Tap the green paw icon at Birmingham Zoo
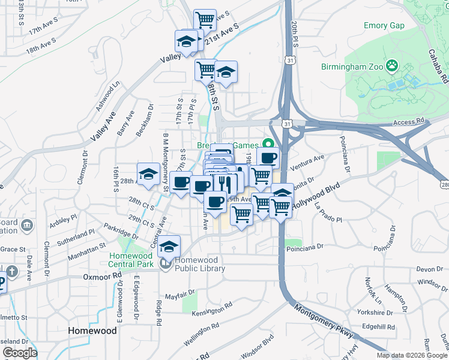point(392,64)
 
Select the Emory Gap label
point(384,25)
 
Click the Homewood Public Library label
point(200,265)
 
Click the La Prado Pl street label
point(328,215)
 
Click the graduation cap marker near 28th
point(148,173)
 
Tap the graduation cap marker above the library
point(169,245)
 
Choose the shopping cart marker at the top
point(205,20)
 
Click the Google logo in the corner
point(20,353)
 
